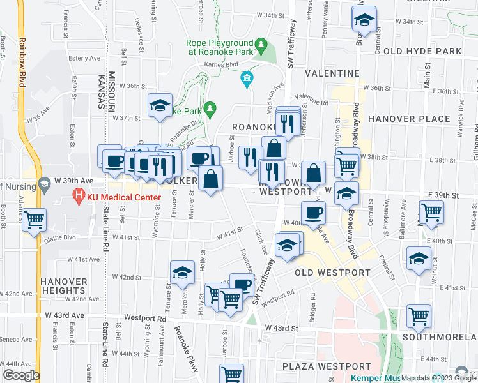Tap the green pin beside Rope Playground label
[261, 45]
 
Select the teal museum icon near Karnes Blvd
[247, 79]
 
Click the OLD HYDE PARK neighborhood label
[422, 51]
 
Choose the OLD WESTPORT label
[332, 273]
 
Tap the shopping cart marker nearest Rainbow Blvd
[34, 220]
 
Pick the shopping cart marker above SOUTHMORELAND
[419, 315]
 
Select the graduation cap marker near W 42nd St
[182, 272]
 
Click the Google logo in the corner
[21, 375]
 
